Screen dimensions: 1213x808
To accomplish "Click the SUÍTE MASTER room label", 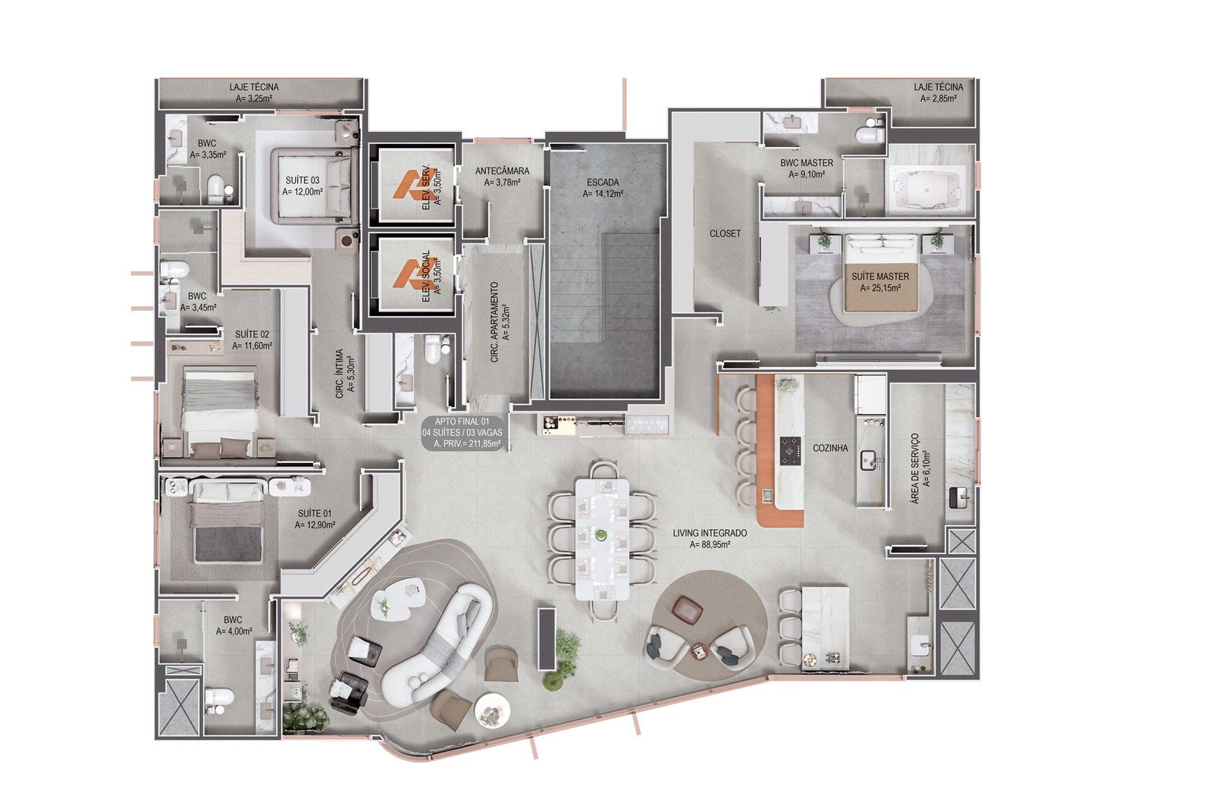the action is click(880, 276).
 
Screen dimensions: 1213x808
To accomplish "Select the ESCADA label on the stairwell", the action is click(603, 183).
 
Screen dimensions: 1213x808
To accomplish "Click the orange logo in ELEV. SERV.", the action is click(409, 185).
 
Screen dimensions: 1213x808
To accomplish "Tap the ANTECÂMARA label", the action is click(502, 171).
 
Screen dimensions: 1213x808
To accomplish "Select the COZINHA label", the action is click(830, 449).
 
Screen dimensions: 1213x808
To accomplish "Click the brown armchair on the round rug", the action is click(687, 609).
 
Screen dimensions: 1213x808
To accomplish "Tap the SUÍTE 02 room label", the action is click(252, 335).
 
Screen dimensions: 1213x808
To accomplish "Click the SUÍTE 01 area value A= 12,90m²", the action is click(315, 525).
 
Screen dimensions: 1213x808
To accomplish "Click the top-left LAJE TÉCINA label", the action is click(254, 86).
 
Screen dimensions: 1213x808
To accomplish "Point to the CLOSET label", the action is click(725, 233).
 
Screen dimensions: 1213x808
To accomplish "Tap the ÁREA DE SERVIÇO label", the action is click(915, 468).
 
